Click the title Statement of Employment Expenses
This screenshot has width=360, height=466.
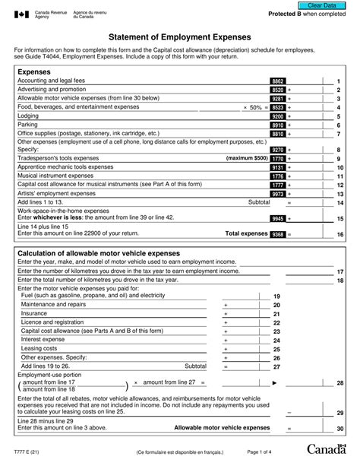pyautogui.click(x=179, y=36)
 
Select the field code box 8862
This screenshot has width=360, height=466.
pyautogui.click(x=277, y=81)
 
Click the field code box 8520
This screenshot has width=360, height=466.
pyautogui.click(x=277, y=90)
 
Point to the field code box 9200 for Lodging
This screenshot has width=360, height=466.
pyautogui.click(x=277, y=116)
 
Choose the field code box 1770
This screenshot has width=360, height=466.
pyautogui.click(x=277, y=158)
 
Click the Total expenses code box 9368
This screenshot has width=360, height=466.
pyautogui.click(x=277, y=235)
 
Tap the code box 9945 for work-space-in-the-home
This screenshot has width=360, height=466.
pyautogui.click(x=277, y=218)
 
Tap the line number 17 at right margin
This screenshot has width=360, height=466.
pyautogui.click(x=339, y=271)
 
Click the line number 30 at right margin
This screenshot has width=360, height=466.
pyautogui.click(x=339, y=430)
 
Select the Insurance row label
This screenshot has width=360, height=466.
pyautogui.click(x=34, y=312)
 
